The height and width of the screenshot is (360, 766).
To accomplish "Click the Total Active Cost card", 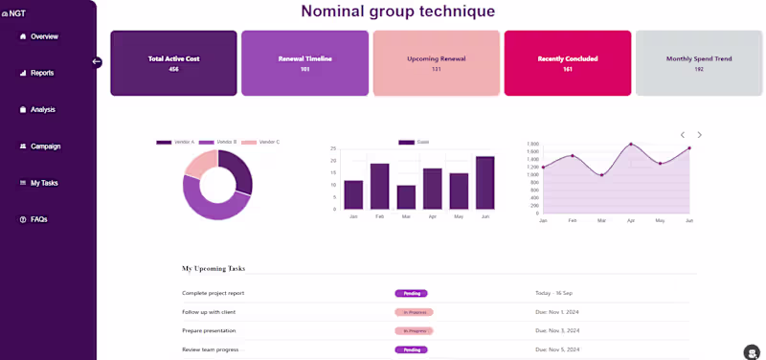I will [173, 63].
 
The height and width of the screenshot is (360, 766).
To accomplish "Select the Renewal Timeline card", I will [304, 63].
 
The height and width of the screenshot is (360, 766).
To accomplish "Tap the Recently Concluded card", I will [567, 63].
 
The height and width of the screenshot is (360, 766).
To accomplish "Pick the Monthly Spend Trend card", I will [698, 63].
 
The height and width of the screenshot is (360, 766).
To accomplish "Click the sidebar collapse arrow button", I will [97, 62].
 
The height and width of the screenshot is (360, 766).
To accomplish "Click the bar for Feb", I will [380, 186].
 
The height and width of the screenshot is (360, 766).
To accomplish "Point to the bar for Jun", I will [485, 182].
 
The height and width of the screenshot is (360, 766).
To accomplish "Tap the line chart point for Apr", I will [631, 145].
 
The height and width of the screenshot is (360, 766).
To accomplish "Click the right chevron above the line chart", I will [700, 135].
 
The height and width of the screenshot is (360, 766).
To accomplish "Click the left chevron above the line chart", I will [683, 135].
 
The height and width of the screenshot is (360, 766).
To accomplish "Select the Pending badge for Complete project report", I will [411, 293].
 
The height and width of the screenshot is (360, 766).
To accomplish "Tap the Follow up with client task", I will [209, 312].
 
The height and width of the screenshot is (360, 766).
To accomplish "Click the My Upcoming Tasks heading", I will [214, 269].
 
